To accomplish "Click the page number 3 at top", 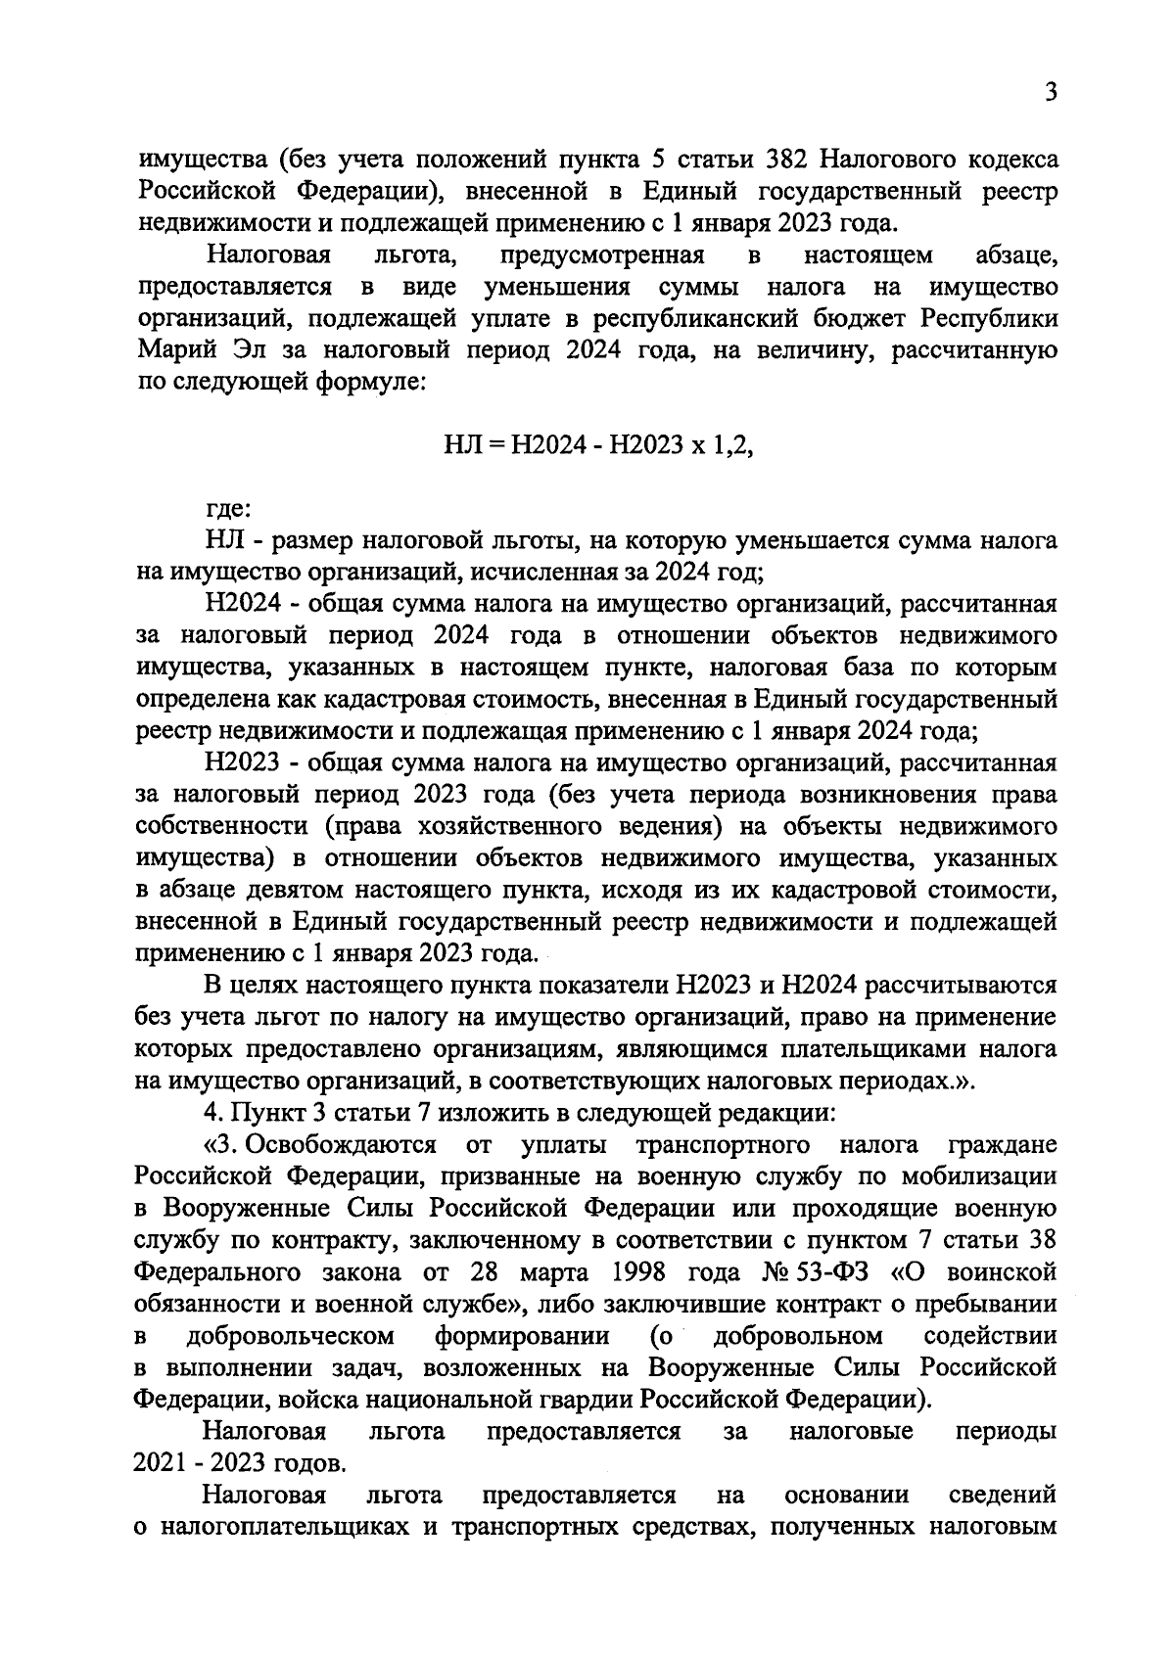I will point(1050,93).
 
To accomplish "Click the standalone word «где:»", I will point(227,508).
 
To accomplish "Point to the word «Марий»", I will point(171,349).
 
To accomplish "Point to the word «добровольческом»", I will point(290,1336).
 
